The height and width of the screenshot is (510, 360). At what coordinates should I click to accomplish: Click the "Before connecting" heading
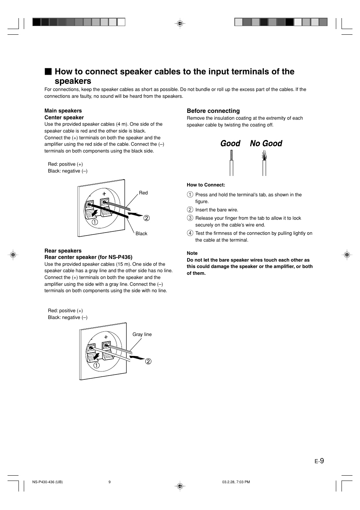[x=213, y=111]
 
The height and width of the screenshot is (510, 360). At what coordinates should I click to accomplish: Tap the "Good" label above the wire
[x=230, y=143]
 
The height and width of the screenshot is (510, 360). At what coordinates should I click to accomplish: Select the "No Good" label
[x=266, y=143]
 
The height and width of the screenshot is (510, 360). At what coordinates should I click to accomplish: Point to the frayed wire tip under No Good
[x=264, y=155]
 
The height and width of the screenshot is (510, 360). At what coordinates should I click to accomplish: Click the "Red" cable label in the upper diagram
[x=143, y=193]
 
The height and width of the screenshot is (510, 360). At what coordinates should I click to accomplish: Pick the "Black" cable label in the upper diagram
[x=142, y=234]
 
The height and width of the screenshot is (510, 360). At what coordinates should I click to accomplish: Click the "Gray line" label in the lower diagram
[x=142, y=334]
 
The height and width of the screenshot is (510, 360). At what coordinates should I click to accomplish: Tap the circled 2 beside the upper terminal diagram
[x=146, y=218]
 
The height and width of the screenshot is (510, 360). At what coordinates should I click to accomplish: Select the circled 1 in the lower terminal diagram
[x=97, y=365]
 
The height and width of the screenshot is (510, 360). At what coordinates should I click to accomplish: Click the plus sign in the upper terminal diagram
[x=104, y=194]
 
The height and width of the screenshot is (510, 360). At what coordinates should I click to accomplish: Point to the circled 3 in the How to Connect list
[x=190, y=218]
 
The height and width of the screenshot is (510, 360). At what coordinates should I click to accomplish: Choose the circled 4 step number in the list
[x=190, y=233]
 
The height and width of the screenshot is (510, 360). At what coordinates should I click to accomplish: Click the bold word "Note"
[x=192, y=253]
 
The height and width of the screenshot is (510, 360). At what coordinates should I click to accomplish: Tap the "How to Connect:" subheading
[x=206, y=185]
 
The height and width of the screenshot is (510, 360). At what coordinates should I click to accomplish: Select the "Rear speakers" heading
[x=63, y=251]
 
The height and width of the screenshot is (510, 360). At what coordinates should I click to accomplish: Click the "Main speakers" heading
[x=63, y=111]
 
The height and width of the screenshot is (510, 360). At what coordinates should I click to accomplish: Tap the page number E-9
[x=319, y=461]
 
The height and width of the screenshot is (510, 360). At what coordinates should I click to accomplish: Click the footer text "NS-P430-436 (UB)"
[x=48, y=482]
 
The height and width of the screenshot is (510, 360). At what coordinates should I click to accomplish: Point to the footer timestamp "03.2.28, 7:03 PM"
[x=236, y=482]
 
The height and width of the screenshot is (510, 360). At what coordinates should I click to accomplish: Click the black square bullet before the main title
[x=48, y=72]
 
